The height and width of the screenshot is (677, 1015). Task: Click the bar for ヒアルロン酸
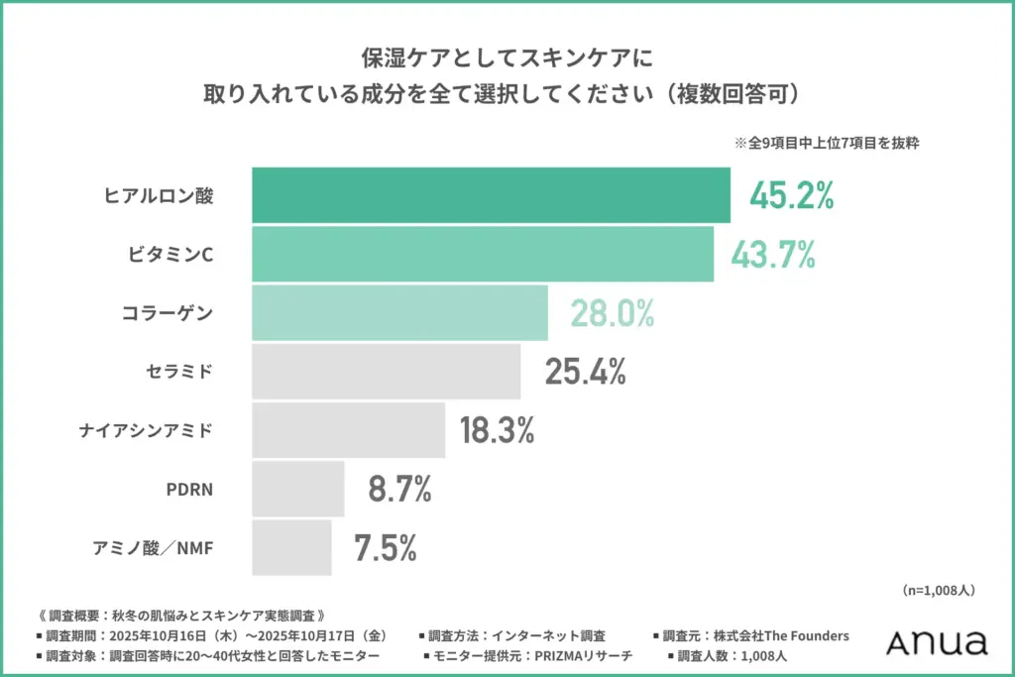click(x=491, y=195)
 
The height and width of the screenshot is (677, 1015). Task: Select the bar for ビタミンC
click(x=483, y=254)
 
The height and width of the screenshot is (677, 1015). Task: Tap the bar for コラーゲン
click(x=399, y=312)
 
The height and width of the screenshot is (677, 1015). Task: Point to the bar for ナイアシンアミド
click(x=349, y=429)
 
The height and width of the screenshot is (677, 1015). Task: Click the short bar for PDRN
click(x=298, y=488)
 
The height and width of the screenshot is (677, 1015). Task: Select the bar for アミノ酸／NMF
click(x=292, y=546)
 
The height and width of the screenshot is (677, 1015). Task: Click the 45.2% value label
click(x=791, y=196)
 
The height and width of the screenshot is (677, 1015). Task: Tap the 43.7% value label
click(x=773, y=255)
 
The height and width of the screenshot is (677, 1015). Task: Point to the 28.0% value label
click(x=612, y=313)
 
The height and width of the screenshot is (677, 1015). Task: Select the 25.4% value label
click(x=585, y=372)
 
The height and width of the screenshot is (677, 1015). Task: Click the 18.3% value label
click(x=497, y=430)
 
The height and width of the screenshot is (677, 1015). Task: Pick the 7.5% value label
click(x=386, y=547)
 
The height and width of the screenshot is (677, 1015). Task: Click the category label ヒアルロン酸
click(x=159, y=196)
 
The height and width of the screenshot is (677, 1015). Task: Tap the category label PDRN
click(x=189, y=489)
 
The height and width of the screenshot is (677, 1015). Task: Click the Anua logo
click(x=937, y=641)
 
